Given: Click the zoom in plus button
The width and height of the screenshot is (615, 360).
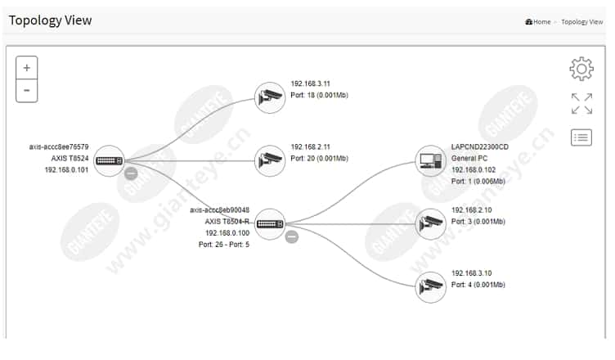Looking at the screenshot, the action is [27, 68].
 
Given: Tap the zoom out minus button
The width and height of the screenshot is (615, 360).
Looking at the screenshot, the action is [27, 91].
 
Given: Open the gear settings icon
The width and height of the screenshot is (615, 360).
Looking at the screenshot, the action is [581, 69].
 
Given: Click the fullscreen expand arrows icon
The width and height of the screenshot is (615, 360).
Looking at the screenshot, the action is [581, 104].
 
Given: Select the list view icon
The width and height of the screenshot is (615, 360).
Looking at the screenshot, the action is [581, 137].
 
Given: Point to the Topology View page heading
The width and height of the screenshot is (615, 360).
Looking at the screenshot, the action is [50, 20].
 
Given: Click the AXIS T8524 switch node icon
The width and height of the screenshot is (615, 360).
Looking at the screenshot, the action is [109, 161].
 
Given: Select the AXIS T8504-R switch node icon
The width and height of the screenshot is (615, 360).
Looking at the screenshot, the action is [270, 224].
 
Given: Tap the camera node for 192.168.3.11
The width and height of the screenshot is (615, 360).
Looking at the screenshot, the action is [270, 97].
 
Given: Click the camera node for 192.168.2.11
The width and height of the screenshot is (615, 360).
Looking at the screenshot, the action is [270, 161].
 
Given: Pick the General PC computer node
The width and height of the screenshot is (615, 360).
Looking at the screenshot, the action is [431, 161].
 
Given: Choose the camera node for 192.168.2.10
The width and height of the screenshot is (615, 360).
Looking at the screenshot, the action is [431, 224].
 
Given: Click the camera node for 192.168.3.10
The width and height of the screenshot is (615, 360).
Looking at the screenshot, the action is [431, 287].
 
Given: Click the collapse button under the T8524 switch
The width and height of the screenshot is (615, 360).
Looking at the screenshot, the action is [131, 173].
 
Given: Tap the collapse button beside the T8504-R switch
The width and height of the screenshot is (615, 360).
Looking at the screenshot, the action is [291, 236].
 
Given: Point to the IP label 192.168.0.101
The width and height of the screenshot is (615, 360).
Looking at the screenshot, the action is [66, 170].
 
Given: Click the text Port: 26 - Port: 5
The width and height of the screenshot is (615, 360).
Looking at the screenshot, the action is [224, 245].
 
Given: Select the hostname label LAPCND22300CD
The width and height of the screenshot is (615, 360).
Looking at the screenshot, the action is [480, 146].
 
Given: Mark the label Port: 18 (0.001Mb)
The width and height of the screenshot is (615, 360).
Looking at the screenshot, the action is [319, 95].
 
